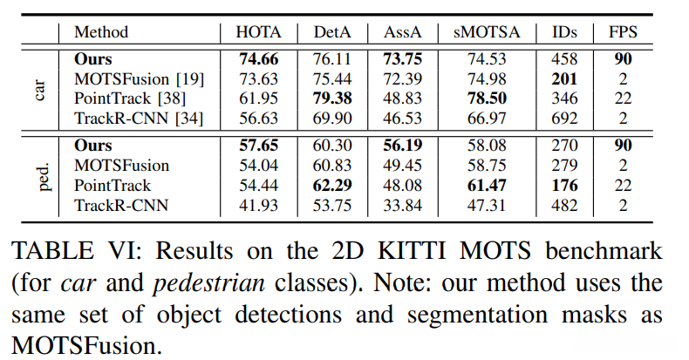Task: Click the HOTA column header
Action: (x=259, y=32)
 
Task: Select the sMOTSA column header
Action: (x=487, y=32)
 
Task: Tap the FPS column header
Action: (x=623, y=32)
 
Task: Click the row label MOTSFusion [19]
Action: (x=140, y=79)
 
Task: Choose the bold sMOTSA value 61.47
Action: (x=487, y=186)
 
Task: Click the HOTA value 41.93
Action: (x=259, y=204)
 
